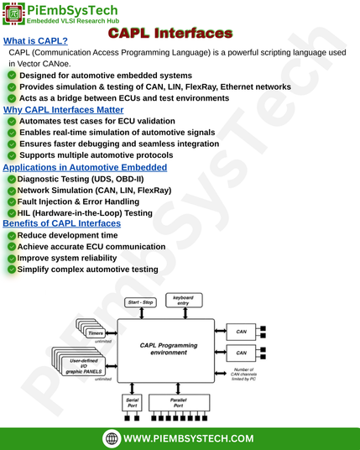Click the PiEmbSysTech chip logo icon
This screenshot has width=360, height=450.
pos(13,13)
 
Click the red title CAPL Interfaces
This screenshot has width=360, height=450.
pos(170,33)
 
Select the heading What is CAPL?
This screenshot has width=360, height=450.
pos(35,41)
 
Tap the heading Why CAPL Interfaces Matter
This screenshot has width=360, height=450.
pos(64,110)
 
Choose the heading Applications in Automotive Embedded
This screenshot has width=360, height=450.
pos(85,167)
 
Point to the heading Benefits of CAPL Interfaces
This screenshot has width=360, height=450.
pos(61,223)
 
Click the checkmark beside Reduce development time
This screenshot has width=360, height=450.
pos(12,236)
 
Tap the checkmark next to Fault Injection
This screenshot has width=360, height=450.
pos(12,201)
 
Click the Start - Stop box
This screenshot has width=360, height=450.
pos(140,302)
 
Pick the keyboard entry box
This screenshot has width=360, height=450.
pos(184,301)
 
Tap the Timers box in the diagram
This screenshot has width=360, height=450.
pos(96,333)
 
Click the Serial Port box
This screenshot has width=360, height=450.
pos(133,403)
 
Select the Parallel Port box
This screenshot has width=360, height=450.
pos(179,403)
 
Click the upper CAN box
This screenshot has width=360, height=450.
pos(241,332)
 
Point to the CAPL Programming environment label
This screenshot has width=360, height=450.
pos(169,348)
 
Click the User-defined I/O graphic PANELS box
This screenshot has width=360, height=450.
pos(83,366)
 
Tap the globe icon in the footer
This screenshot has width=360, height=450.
pos(112,438)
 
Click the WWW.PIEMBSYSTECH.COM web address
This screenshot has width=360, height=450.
pos(189,438)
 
